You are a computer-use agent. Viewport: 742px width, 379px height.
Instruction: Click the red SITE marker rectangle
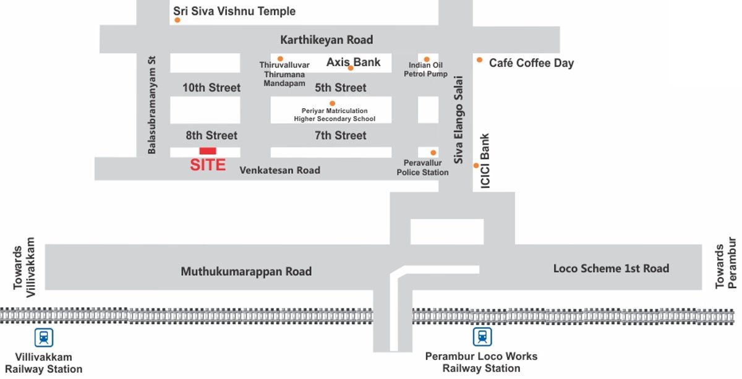[208, 151]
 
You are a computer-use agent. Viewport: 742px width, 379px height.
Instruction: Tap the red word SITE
[208, 165]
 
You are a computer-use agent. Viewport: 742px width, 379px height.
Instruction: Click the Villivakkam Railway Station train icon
[43, 337]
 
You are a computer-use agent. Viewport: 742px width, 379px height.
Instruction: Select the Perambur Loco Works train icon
[482, 337]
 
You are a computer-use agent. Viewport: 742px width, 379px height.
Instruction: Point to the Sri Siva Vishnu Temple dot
[177, 20]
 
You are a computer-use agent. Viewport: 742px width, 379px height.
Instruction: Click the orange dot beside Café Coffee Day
[479, 60]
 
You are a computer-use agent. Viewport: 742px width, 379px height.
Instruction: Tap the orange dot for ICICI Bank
[476, 165]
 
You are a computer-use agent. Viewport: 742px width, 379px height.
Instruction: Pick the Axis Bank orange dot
[351, 68]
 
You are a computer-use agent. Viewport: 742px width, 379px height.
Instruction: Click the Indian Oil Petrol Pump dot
[427, 59]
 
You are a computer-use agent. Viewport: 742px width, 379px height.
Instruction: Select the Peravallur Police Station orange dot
[433, 152]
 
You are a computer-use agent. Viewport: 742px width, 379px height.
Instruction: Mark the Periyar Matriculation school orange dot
[332, 103]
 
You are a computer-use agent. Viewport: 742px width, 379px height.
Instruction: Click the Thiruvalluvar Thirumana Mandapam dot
[280, 59]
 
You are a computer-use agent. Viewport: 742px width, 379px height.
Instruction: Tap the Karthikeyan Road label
[326, 40]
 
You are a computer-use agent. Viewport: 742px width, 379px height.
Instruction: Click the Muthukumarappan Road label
[246, 271]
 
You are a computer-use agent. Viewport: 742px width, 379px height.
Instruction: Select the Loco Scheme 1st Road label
[611, 268]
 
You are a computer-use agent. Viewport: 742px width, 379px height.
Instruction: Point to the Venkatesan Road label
[280, 170]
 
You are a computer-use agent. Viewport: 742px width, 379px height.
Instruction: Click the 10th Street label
[211, 88]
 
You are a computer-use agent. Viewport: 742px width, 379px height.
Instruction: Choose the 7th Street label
[341, 135]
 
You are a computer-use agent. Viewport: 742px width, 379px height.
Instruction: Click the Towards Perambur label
[726, 263]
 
